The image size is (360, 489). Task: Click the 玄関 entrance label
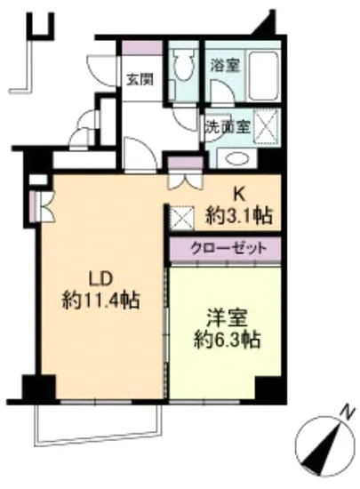(139, 79)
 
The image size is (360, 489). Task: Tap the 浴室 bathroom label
(222, 66)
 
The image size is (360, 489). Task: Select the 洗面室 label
(227, 125)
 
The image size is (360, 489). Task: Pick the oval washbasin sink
(236, 159)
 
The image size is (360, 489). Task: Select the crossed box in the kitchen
(180, 216)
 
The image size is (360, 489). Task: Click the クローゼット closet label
(225, 248)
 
